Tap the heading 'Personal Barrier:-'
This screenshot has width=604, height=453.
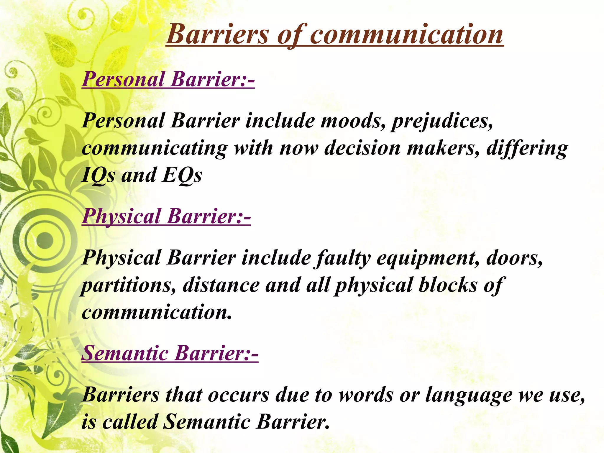coord(168,79)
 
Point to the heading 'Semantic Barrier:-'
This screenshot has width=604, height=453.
coord(170,353)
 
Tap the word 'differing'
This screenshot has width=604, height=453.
coord(527,148)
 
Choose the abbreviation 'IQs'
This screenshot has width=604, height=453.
coord(98,175)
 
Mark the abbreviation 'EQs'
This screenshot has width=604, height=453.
coord(182,175)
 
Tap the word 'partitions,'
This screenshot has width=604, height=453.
coord(129,286)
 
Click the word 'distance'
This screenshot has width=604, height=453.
coord(221,285)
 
